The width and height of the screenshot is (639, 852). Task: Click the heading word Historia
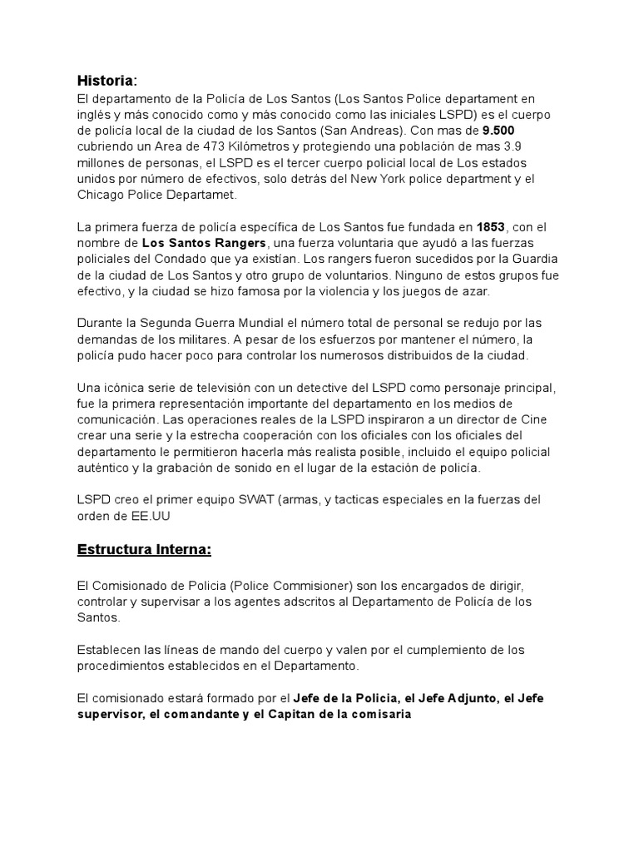(x=105, y=81)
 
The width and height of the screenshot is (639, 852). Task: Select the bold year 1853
(x=491, y=226)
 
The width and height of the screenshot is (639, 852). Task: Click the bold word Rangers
(x=239, y=242)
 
